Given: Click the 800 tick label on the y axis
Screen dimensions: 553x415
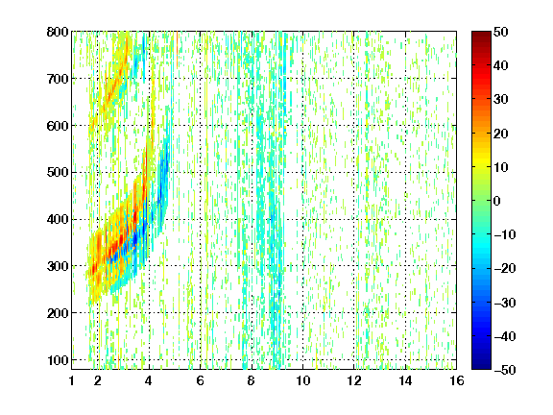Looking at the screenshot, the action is click(58, 32).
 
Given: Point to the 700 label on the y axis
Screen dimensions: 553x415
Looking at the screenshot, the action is click(58, 79).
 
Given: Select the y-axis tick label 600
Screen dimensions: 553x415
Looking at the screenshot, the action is click(58, 126).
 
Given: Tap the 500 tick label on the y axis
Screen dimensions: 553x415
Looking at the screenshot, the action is click(58, 173).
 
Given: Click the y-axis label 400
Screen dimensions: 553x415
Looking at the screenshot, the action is click(58, 219).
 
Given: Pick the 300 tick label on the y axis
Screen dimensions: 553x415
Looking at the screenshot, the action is click(58, 266).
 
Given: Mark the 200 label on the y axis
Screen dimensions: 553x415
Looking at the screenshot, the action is click(58, 313).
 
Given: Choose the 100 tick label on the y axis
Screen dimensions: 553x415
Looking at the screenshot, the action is click(58, 360).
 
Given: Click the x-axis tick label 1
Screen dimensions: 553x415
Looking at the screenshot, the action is click(72, 380).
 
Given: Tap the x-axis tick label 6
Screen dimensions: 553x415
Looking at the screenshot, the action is click(201, 380).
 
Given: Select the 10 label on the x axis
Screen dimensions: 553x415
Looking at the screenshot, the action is click(303, 380).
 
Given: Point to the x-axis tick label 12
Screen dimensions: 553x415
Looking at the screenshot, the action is click(354, 380).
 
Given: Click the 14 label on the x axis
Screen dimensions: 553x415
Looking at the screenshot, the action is click(405, 380).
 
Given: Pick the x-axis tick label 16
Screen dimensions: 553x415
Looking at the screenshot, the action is click(457, 380).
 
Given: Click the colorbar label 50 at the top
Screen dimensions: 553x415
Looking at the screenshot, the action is click(501, 32).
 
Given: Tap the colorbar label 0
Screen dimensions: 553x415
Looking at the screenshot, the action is click(497, 201).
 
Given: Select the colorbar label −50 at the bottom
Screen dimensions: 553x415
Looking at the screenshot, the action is click(505, 370).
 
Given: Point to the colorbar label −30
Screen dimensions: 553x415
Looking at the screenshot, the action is click(505, 303).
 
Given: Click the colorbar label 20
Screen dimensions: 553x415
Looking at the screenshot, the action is click(501, 134).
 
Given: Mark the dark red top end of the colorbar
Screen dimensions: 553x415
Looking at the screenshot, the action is click(481, 34).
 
